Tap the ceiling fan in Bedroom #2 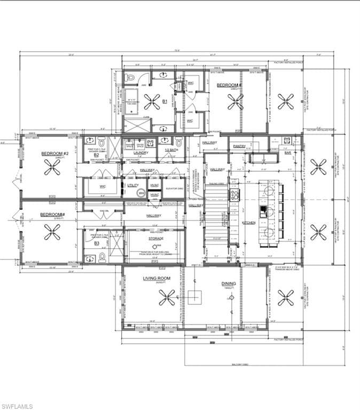point(52,168)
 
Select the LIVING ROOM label point(156,279)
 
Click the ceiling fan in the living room point(167,297)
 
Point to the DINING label point(229,284)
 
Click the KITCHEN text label point(248,222)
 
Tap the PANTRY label point(239,146)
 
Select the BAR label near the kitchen point(287,153)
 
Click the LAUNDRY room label point(133,153)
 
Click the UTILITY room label point(132,185)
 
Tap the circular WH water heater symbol point(141,193)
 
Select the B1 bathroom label point(165,100)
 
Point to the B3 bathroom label point(97,243)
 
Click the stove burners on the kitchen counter point(234,195)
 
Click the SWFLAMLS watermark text point(17,406)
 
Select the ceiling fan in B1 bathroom point(152,101)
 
